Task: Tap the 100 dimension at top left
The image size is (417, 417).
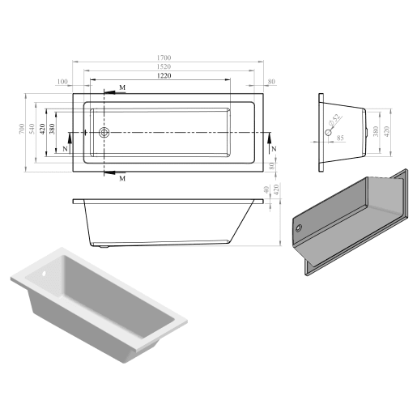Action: [x=62, y=81]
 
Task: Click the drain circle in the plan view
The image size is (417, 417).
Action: [x=104, y=132]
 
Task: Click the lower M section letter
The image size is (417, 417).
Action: [x=121, y=178]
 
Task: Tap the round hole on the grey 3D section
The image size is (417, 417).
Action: [x=300, y=228]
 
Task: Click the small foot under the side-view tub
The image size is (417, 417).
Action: [x=107, y=242]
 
